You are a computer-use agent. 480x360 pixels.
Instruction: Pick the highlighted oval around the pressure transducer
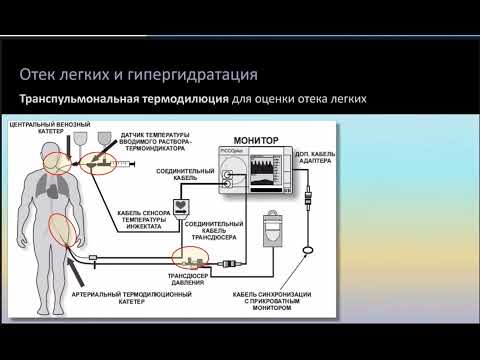click(x=186, y=258)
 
